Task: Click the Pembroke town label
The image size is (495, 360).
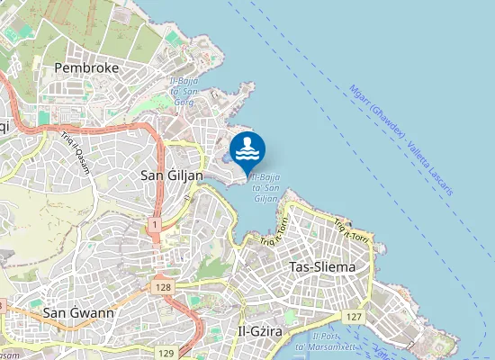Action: coord(86,67)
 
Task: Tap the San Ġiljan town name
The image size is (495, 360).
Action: coord(173,175)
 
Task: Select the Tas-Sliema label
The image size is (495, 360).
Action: coord(322,267)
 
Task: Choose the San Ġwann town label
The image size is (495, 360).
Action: coord(78,312)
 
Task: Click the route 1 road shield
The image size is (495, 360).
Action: coord(156,222)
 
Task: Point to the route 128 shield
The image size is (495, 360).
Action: coord(162,286)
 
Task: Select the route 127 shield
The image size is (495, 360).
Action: coord(354,318)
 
